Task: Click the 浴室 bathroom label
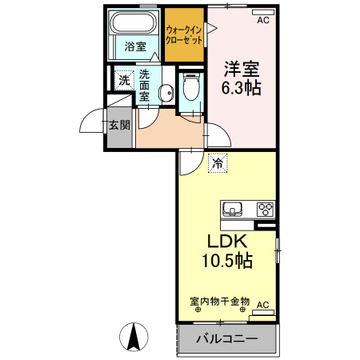(x=135, y=46)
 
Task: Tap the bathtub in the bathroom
(x=135, y=22)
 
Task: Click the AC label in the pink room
(x=262, y=22)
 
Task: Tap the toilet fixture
(x=190, y=86)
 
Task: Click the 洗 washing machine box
(x=123, y=79)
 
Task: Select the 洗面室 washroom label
(x=144, y=84)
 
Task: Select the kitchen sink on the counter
(x=233, y=209)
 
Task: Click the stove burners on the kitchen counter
(x=264, y=209)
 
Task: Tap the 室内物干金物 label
(x=219, y=301)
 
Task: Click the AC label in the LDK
(x=263, y=305)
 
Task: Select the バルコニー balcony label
(x=227, y=340)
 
